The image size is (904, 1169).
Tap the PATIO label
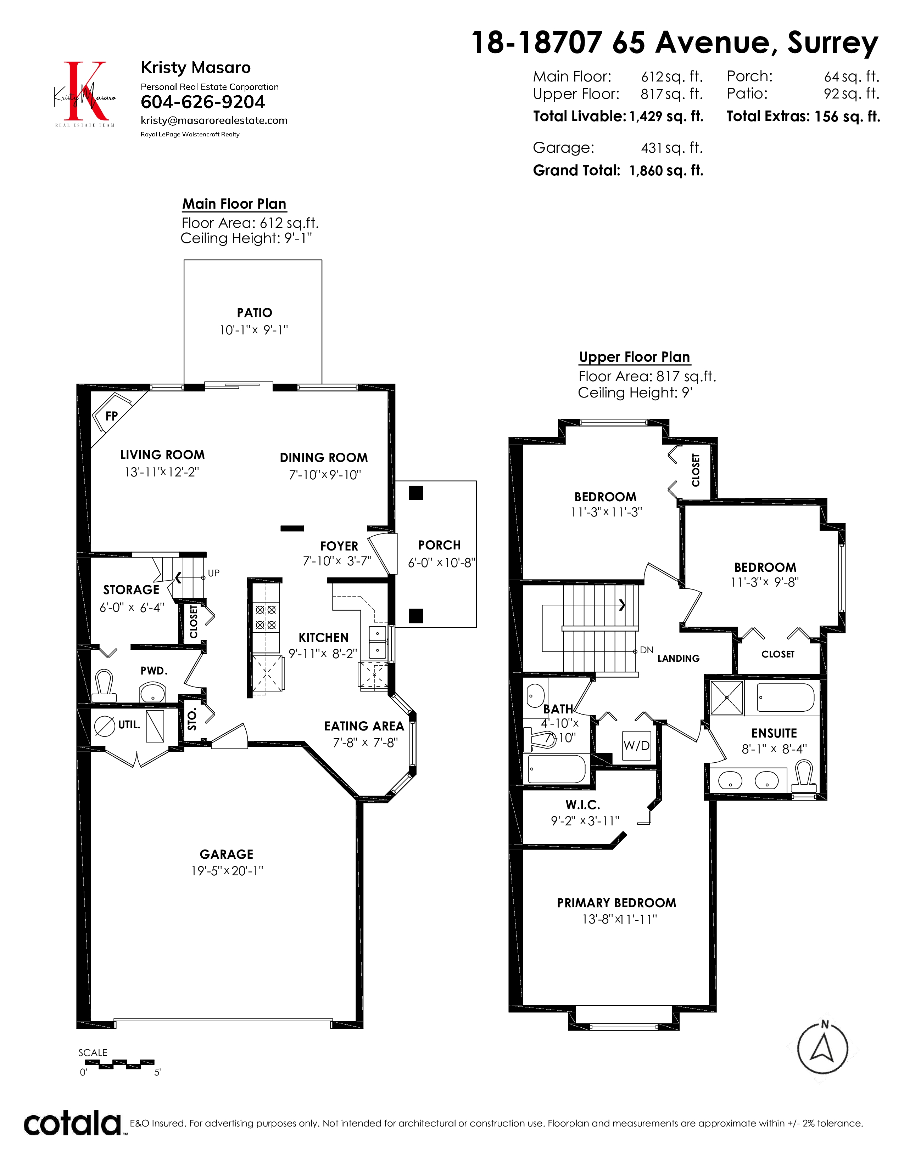(255, 312)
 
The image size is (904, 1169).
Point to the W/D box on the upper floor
(637, 746)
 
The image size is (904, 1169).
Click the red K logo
(85, 91)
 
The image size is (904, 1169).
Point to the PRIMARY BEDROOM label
(616, 903)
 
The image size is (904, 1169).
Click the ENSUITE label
(774, 733)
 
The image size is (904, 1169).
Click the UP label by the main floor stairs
(214, 573)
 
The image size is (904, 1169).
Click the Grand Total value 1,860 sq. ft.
(666, 171)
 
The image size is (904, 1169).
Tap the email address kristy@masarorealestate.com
(214, 120)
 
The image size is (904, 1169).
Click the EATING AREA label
(364, 726)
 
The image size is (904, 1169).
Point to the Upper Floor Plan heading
(635, 357)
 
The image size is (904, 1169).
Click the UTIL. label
(129, 725)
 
